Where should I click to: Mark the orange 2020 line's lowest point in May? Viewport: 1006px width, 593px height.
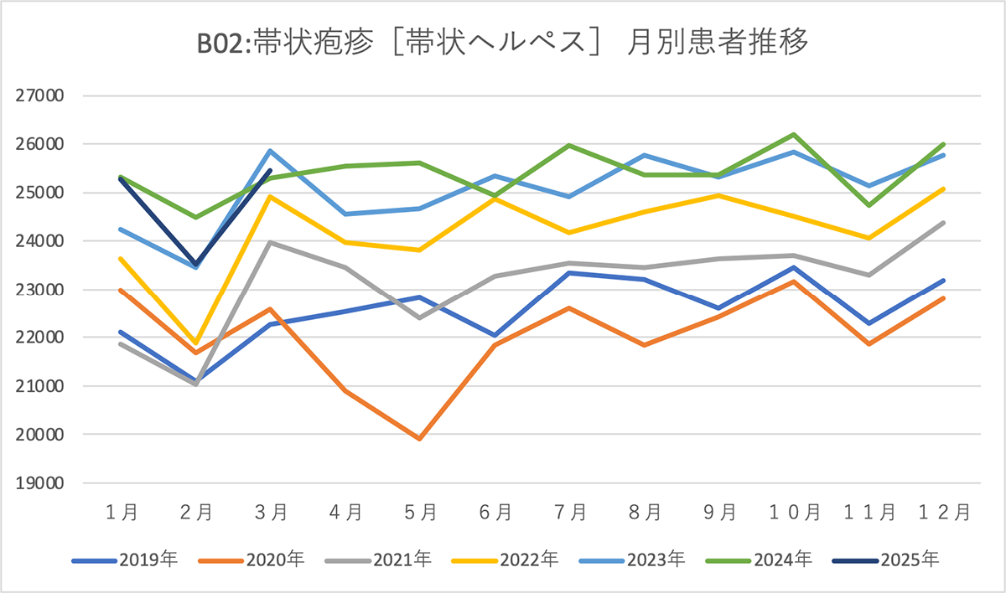click(x=420, y=438)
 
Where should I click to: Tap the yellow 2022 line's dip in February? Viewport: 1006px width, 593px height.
click(x=196, y=343)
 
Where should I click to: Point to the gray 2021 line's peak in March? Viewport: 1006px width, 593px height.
click(x=271, y=242)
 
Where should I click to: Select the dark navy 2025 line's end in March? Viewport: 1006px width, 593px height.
click(x=271, y=171)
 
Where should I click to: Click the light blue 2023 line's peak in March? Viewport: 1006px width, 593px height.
click(x=271, y=151)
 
